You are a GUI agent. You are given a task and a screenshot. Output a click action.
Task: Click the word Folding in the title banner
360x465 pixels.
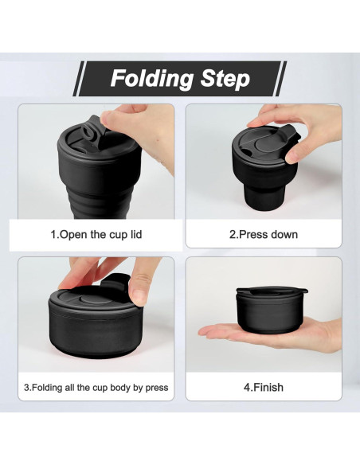pos(151,79)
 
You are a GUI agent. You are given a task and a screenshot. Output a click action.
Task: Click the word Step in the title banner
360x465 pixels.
pos(225,79)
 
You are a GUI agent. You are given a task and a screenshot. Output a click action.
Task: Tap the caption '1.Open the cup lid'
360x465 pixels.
pos(96,235)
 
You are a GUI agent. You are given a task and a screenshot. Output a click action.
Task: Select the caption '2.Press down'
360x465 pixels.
pos(264,234)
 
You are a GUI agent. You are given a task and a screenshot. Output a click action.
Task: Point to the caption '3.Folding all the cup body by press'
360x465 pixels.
pos(96,387)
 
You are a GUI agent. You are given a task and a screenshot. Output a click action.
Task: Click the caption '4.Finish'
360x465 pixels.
pos(264,387)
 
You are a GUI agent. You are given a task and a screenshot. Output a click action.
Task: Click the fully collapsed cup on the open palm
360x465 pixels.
pos(271,310)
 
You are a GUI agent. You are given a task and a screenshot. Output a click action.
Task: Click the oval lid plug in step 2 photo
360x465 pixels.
pos(264,145)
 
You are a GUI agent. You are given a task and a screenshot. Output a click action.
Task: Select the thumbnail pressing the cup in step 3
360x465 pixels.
pos(139,296)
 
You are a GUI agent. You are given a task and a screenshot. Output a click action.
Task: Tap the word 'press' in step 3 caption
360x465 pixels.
pos(157,388)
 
